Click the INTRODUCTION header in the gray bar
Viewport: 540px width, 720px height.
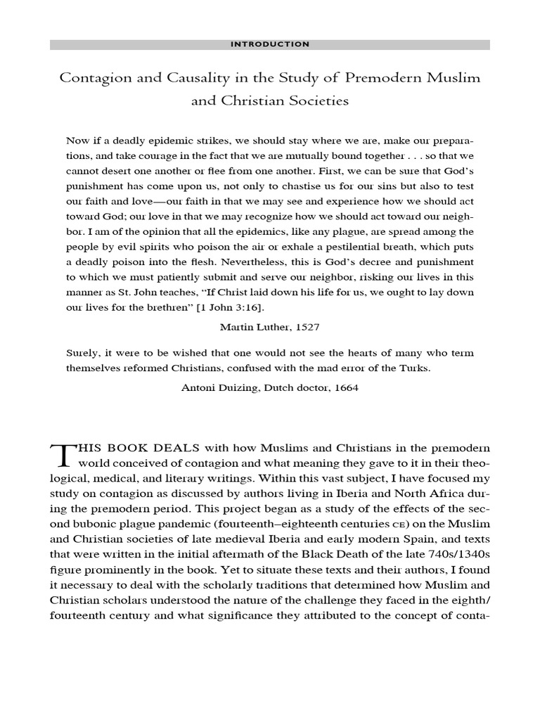pos(270,44)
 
